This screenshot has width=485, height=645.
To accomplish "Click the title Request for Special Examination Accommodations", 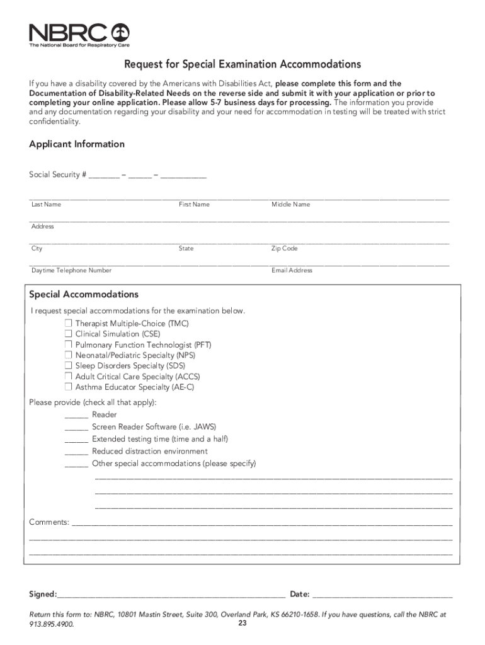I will click(x=243, y=64).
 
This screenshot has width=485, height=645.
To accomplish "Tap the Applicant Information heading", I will click(x=77, y=144).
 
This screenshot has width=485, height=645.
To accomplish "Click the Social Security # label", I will click(x=57, y=174).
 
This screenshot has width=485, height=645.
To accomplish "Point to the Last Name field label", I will click(x=46, y=205).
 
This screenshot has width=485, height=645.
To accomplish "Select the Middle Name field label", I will click(x=290, y=205).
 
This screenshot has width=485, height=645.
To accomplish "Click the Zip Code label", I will click(x=284, y=249).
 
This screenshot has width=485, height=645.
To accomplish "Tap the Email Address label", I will click(x=292, y=271).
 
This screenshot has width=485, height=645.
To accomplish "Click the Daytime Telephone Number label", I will click(x=71, y=271).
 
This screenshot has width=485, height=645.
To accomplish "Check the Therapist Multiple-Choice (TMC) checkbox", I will click(x=68, y=324).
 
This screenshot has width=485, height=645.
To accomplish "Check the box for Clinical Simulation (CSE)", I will click(x=68, y=334).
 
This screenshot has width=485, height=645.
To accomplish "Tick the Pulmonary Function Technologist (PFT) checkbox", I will click(x=68, y=345).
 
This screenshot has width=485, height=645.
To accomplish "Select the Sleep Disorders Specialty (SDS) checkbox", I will click(x=68, y=366).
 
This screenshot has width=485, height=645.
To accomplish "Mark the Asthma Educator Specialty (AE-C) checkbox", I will click(x=68, y=387).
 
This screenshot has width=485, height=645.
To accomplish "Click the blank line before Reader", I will click(x=76, y=416).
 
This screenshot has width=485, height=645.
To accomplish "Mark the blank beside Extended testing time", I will click(x=76, y=440).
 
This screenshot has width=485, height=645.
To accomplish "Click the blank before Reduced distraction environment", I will click(x=76, y=452).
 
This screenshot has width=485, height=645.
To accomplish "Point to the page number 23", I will click(x=243, y=624).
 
